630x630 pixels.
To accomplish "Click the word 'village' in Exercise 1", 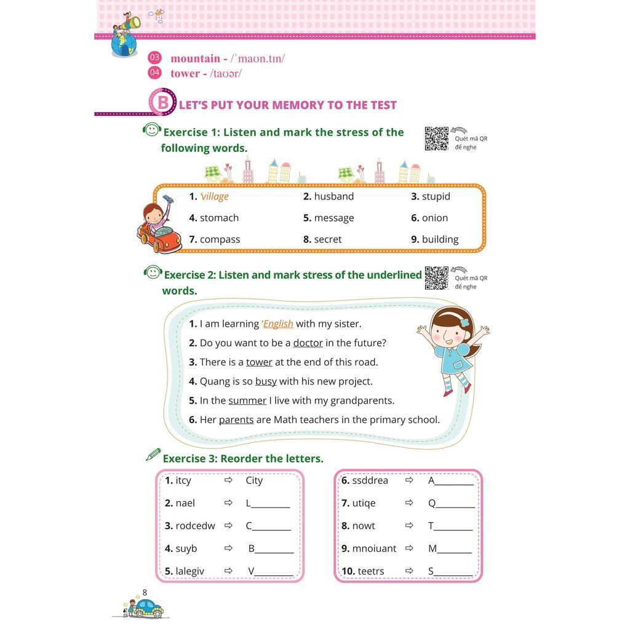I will coord(214,196).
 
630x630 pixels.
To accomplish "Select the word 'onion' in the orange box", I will coord(434,218).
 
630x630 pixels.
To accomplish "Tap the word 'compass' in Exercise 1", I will coord(220,239).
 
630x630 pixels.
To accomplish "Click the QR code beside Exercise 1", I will coord(436,138).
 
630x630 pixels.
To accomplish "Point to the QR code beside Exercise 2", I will coord(436,278).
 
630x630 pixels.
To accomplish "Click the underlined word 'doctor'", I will coord(308,343).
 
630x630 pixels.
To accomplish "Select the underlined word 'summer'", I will coord(247,401).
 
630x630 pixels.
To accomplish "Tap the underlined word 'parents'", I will coord(236,420).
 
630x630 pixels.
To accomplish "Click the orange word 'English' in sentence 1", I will coord(278,324).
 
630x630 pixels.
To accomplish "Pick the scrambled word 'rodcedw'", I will coord(195,525).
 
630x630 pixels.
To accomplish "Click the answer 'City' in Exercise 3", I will coord(254,480).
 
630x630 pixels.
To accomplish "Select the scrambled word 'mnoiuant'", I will coord(374,548).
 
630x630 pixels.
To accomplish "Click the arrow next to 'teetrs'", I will coord(409,571).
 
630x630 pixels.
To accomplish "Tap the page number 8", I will coord(145,592).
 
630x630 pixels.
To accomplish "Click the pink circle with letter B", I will coord(162,102).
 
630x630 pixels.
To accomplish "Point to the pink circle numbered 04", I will coord(154,73).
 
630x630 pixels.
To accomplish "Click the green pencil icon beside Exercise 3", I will coord(153,455).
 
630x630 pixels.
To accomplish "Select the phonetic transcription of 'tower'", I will coord(226,73).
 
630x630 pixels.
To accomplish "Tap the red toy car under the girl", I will coord(159,239).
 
